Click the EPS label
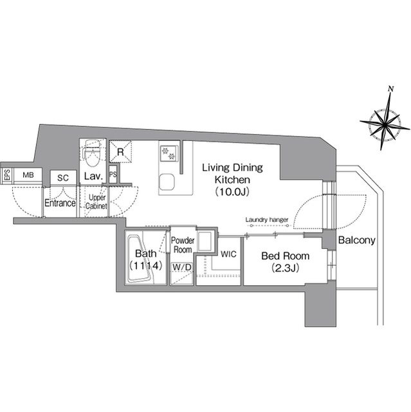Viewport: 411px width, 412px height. (x=7, y=174)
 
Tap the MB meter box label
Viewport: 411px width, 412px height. (x=28, y=174)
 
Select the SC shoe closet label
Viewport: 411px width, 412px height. (x=63, y=178)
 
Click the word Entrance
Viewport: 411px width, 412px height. (x=60, y=203)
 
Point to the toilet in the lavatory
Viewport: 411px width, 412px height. (x=92, y=153)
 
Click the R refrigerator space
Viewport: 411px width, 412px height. (x=120, y=152)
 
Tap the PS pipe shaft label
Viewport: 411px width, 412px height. (x=113, y=174)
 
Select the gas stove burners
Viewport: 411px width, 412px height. (x=169, y=154)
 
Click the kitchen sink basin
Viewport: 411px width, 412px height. (x=167, y=182)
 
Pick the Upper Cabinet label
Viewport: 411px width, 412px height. (x=96, y=201)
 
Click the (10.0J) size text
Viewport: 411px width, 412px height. (x=232, y=192)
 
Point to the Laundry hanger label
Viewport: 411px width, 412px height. (x=267, y=220)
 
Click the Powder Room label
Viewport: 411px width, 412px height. (x=183, y=245)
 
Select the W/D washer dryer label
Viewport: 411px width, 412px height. (x=182, y=267)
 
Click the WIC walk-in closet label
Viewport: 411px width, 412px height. (x=228, y=254)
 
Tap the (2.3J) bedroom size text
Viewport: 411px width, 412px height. (x=286, y=268)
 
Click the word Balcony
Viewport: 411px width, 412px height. (x=357, y=240)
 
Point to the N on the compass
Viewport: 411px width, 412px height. (x=391, y=89)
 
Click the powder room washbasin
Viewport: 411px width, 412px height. (x=205, y=241)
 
